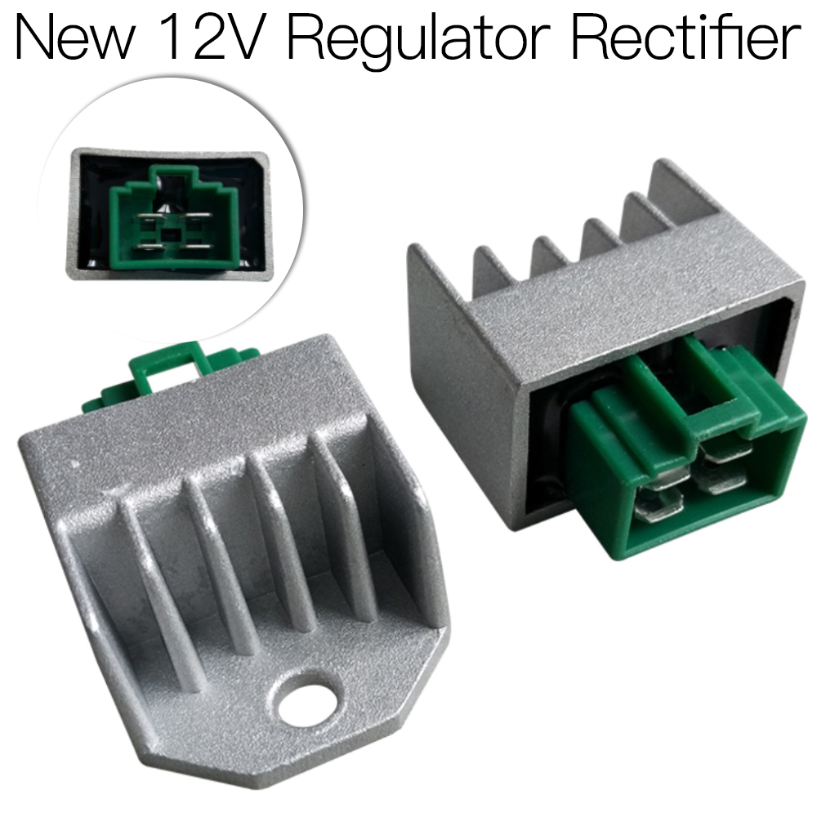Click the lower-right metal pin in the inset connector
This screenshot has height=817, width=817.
pos(196,244)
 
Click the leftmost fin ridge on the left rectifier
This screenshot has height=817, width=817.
pos(151,572)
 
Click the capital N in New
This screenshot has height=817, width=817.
pos(33,37)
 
